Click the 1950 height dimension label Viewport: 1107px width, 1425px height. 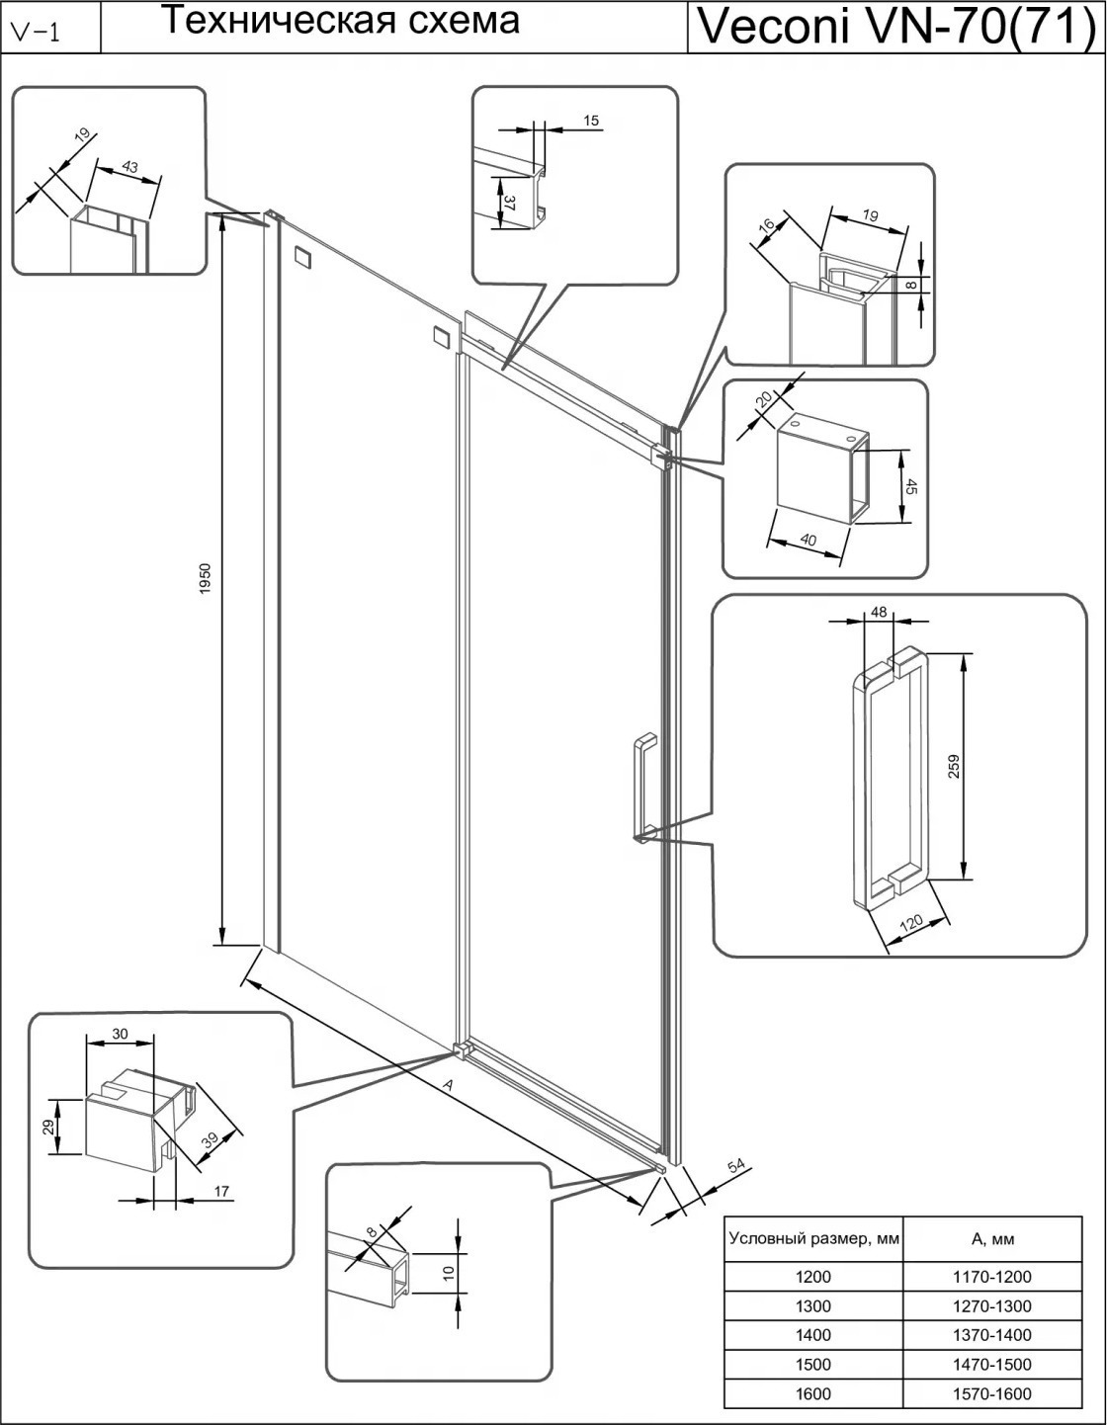pos(205,580)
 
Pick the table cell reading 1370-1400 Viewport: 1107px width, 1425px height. pos(991,1335)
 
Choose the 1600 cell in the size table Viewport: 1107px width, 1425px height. pos(812,1393)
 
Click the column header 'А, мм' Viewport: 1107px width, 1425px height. pos(991,1238)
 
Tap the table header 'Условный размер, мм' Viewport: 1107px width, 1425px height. pos(812,1238)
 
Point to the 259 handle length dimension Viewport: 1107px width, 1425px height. pos(954,766)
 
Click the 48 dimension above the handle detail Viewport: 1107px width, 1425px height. pos(879,612)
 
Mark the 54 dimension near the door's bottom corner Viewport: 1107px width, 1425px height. pos(734,1167)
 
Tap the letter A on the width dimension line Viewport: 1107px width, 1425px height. pos(448,1085)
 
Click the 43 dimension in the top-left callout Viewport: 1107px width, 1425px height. pos(130,167)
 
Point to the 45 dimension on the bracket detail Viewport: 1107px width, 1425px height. pos(911,488)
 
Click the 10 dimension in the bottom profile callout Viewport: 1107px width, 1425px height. pos(448,1274)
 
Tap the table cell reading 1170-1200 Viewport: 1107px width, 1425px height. pos(991,1276)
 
